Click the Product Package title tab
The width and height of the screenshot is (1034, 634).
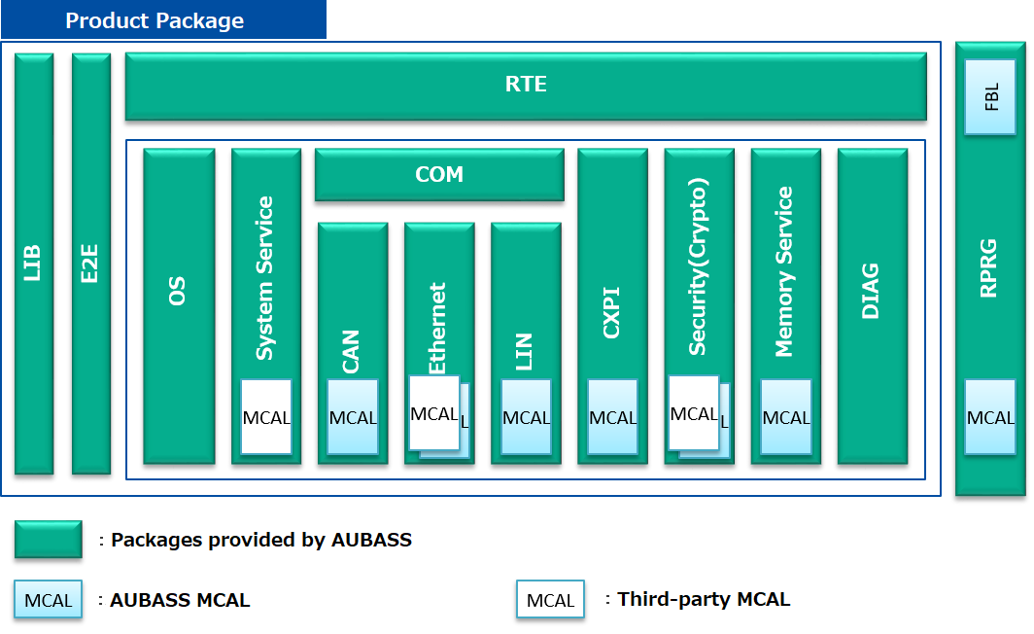(155, 20)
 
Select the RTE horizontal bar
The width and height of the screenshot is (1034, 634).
(526, 86)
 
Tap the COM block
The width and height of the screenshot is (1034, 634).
(439, 175)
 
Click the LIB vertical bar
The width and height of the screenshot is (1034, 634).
(34, 264)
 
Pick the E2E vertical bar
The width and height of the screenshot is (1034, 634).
(91, 264)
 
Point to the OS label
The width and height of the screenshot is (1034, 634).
(178, 292)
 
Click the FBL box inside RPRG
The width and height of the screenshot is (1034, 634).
(990, 97)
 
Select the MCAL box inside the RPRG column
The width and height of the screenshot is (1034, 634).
(990, 417)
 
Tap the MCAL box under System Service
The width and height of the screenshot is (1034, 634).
(266, 417)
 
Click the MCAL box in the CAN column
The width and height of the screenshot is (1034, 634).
(353, 417)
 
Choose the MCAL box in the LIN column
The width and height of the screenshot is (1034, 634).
(526, 417)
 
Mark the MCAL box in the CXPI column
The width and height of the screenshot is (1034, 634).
(612, 417)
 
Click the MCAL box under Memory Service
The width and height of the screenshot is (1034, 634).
(785, 417)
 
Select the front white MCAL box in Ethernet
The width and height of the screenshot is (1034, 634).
(433, 413)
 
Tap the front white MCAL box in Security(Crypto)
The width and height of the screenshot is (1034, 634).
(694, 413)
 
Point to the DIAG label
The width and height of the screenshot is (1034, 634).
(872, 292)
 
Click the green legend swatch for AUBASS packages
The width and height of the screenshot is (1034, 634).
(48, 540)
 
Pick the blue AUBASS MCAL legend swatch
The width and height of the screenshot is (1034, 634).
(48, 600)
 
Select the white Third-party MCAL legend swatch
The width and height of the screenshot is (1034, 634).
(550, 600)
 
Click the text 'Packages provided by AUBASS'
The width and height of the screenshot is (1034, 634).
(260, 540)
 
